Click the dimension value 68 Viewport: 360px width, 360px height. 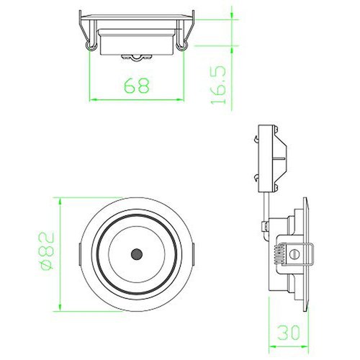click(x=137, y=86)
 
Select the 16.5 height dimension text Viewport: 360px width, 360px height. click(x=219, y=85)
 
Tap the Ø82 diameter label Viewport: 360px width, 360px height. click(x=47, y=251)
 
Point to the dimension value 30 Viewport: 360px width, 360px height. click(x=289, y=333)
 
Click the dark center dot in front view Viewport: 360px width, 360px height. click(x=137, y=254)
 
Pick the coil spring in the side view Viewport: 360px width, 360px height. click(x=280, y=254)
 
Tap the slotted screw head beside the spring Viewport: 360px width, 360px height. click(x=294, y=254)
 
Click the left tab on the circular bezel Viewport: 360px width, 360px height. click(x=80, y=254)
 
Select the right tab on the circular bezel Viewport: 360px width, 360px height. click(x=193, y=254)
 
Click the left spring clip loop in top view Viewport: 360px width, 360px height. click(x=91, y=45)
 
